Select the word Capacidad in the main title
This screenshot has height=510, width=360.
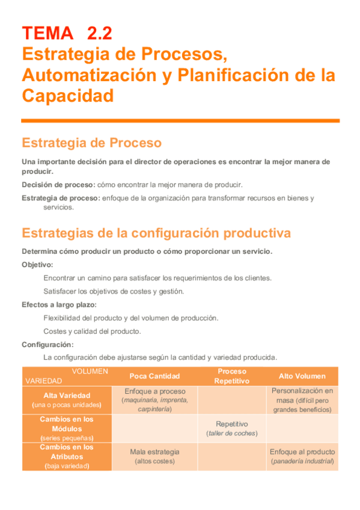point(67,96)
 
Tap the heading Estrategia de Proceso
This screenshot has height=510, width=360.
point(91,143)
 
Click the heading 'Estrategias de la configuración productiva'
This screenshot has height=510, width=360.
point(156,233)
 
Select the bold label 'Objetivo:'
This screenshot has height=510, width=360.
point(37,265)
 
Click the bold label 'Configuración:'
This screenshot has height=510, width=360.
point(47,345)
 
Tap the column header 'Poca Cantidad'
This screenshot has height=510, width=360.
point(154,376)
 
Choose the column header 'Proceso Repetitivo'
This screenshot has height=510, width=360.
point(232,376)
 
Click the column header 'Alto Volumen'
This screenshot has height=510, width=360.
point(302,376)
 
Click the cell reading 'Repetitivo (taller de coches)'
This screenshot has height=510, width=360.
point(232,428)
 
